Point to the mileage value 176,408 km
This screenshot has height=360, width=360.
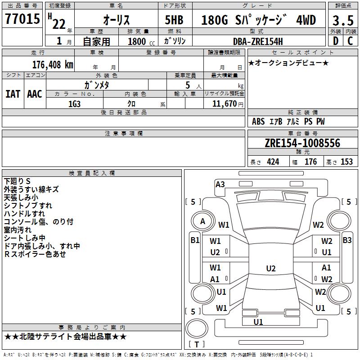point(53,64)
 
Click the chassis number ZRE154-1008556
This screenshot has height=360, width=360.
point(302,144)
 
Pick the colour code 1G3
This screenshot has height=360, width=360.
point(75,103)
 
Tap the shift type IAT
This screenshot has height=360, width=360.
point(13,94)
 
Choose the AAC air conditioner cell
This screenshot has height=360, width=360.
point(35,94)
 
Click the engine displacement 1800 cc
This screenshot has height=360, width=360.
point(138,41)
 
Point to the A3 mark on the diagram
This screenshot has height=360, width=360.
point(220,184)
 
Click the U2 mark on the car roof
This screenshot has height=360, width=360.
point(270,269)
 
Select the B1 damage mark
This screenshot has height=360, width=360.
point(194,240)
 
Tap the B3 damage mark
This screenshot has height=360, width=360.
point(347,240)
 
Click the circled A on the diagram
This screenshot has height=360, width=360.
point(202,221)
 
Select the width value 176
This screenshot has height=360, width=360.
point(310,162)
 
